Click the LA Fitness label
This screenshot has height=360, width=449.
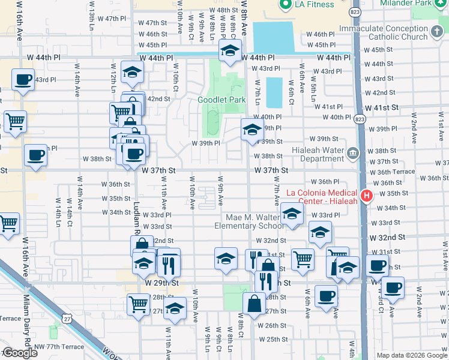(315, 5)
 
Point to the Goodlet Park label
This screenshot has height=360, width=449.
(214, 100)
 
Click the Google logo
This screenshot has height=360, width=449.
(20, 353)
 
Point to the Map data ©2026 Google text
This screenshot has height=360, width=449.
(412, 355)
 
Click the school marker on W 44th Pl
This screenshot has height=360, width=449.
(229, 52)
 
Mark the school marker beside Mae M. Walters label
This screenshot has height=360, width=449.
(292, 214)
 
